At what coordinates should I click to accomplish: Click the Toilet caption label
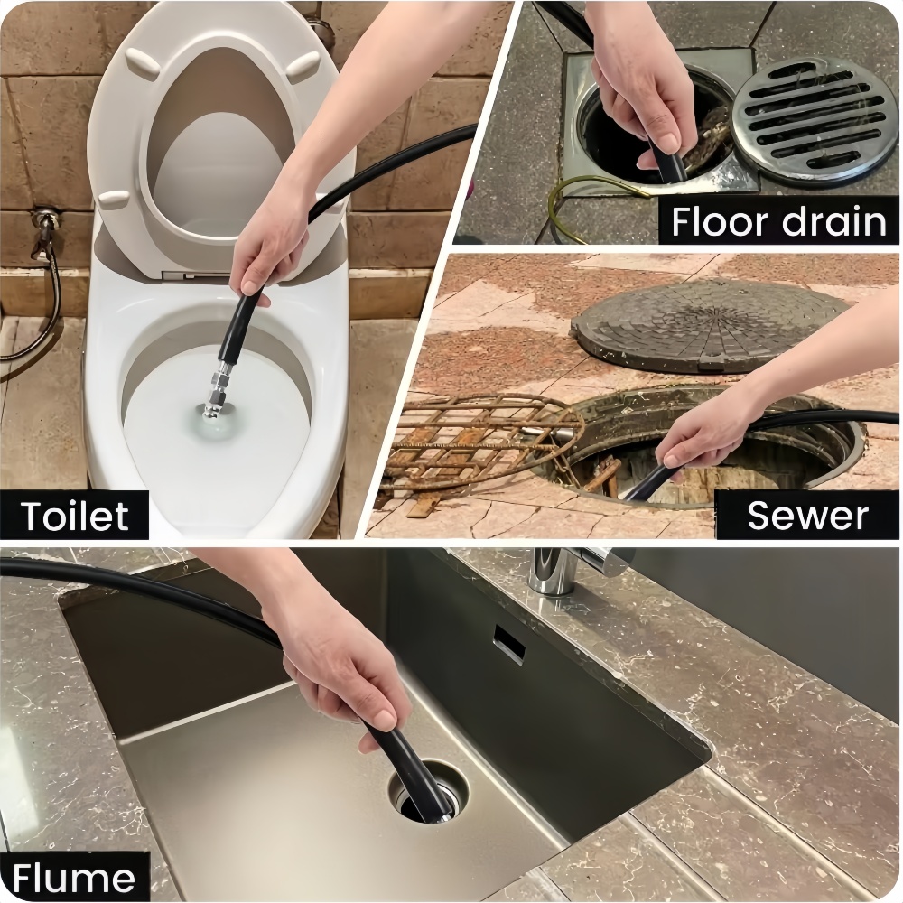(75, 516)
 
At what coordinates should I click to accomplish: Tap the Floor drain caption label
(778, 221)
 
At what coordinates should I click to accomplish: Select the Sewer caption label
(806, 515)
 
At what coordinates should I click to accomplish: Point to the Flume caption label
(74, 877)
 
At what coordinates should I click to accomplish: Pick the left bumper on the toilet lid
(143, 63)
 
